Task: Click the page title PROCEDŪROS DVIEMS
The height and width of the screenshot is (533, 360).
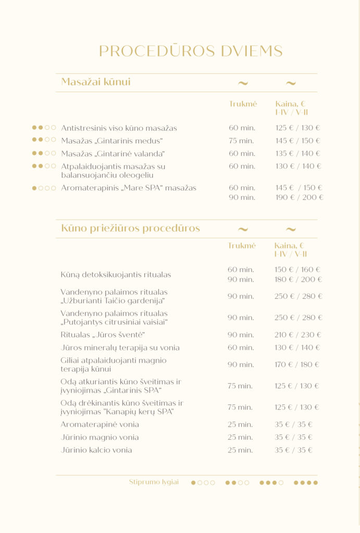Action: (x=191, y=51)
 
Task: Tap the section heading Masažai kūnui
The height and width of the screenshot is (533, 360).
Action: (x=96, y=82)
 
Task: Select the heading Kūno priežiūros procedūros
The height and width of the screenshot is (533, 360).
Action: (x=130, y=229)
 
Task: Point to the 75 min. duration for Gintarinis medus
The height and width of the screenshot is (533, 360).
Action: (x=241, y=141)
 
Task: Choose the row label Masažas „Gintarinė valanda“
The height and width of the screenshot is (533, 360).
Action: (x=113, y=154)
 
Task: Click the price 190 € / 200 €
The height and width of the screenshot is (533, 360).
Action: (x=299, y=198)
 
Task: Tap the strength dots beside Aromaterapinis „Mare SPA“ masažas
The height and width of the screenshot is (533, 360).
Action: (x=44, y=188)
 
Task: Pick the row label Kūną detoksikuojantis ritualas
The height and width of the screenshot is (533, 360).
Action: (x=116, y=275)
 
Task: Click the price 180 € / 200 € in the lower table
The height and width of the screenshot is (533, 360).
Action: (x=298, y=280)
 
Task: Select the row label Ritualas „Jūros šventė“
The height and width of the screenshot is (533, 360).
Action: (x=103, y=335)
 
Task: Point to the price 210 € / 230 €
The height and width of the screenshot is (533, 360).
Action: (x=298, y=335)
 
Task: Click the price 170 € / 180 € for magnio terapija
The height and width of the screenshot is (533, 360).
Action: (x=297, y=364)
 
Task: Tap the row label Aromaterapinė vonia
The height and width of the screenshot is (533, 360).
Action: (x=100, y=425)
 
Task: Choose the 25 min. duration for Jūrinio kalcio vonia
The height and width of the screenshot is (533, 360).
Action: (x=240, y=450)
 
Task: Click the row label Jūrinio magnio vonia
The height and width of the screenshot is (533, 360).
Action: (x=100, y=437)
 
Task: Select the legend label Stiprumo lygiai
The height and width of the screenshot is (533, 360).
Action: (x=154, y=482)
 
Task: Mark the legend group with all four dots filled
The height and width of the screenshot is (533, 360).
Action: (x=306, y=483)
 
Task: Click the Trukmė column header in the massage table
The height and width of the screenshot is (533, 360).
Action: (x=243, y=104)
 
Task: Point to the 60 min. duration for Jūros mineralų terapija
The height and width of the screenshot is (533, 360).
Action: (x=240, y=348)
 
